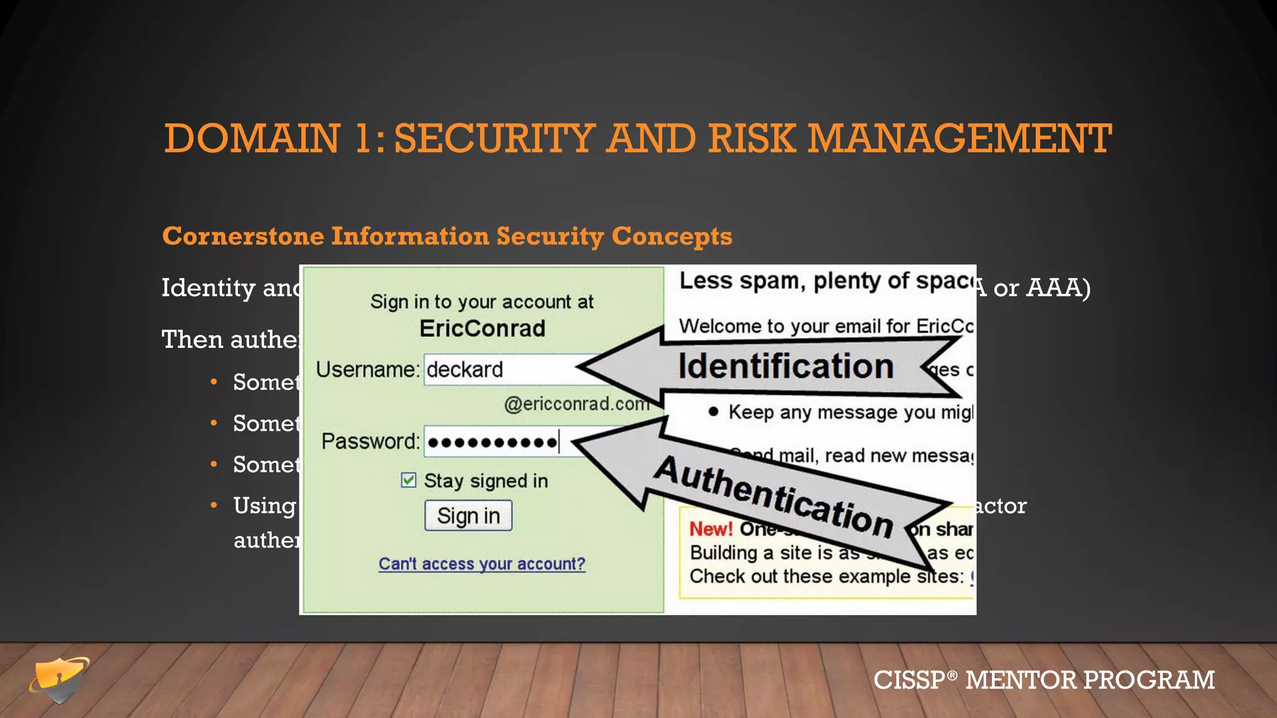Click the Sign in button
tap(468, 515)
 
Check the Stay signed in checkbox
tap(408, 480)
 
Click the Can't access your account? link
tap(482, 563)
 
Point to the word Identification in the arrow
tap(786, 366)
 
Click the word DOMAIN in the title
tap(252, 138)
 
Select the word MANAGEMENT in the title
tap(960, 138)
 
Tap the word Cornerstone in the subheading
tap(243, 236)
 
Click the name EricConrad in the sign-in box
tap(482, 328)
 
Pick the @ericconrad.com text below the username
tap(577, 404)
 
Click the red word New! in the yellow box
tap(711, 529)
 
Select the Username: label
tap(367, 370)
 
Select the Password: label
tap(370, 441)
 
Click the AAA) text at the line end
tap(1058, 288)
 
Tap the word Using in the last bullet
tap(264, 506)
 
